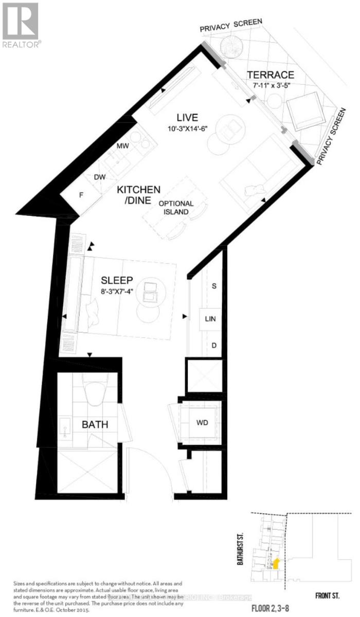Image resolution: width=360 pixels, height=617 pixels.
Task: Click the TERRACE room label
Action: click(269, 75)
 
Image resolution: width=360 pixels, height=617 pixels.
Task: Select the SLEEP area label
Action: click(117, 280)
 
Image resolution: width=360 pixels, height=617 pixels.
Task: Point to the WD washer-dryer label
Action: click(202, 425)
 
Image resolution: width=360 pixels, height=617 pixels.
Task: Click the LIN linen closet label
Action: click(210, 319)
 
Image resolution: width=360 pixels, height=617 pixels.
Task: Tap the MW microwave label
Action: click(122, 146)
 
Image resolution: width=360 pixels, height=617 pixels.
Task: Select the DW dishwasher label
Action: click(100, 177)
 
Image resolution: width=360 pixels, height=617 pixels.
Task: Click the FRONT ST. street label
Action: click(327, 595)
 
